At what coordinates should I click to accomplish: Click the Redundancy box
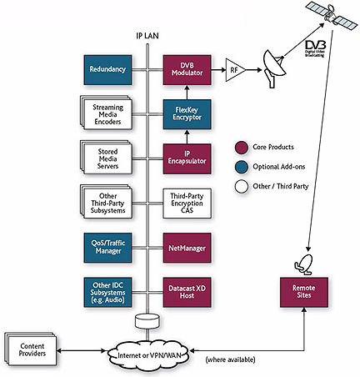[106, 70]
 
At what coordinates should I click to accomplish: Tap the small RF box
[236, 71]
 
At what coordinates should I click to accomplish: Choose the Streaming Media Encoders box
[107, 113]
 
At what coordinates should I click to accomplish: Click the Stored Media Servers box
[107, 157]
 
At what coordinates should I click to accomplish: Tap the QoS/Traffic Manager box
[106, 247]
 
